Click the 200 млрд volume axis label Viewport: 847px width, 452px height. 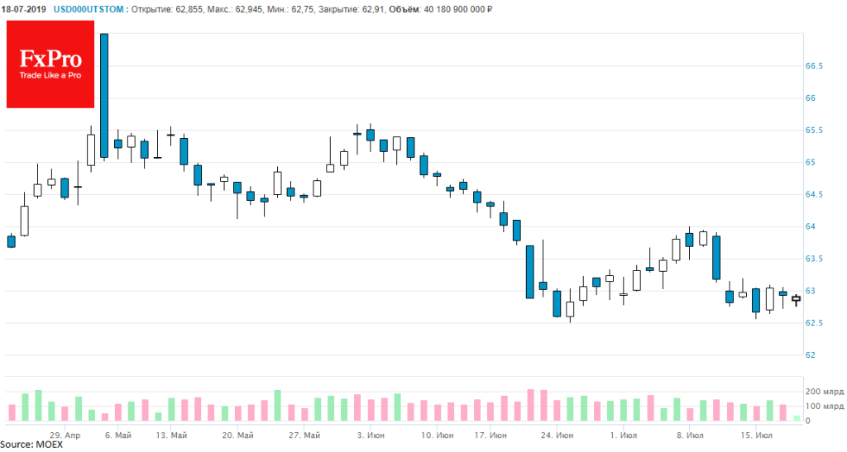(x=823, y=391)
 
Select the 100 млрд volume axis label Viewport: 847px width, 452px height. (x=823, y=407)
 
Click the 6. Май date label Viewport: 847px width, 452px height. (x=117, y=435)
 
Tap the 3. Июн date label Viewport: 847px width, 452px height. (x=370, y=435)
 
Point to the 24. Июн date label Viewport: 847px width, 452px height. (x=556, y=435)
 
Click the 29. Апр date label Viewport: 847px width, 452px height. (x=65, y=435)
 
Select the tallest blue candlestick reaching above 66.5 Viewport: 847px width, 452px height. (x=104, y=95)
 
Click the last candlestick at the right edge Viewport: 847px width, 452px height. (x=796, y=299)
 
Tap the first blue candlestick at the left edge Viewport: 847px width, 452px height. (x=11, y=241)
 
